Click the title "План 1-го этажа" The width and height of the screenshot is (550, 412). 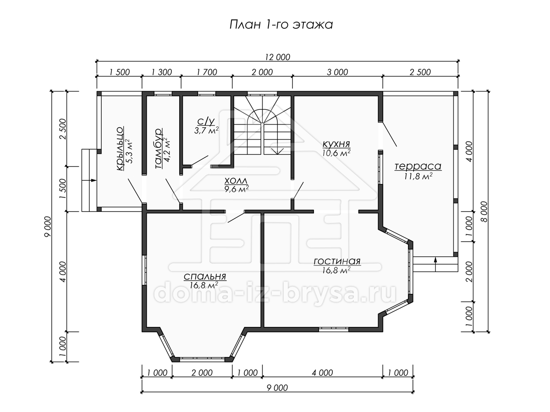click(x=281, y=25)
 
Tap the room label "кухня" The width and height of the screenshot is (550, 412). click(x=336, y=144)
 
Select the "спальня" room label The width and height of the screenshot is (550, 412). click(x=205, y=276)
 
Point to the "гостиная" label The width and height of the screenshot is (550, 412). click(x=337, y=261)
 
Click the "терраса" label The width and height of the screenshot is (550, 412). click(x=418, y=166)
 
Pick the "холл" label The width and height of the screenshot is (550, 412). click(x=236, y=181)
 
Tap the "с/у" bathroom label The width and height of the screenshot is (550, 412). click(x=206, y=122)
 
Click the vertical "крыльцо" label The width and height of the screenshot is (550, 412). click(x=120, y=149)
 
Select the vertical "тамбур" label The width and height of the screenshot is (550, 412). click(x=159, y=148)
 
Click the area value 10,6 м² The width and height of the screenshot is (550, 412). click(x=336, y=153)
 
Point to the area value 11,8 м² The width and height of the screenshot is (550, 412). click(x=418, y=176)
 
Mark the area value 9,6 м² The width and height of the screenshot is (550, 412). click(x=236, y=189)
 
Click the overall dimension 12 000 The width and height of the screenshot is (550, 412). click(x=278, y=57)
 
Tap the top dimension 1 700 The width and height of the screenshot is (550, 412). click(x=207, y=72)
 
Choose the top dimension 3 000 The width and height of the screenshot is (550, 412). click(x=337, y=72)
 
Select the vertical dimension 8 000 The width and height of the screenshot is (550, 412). click(x=484, y=211)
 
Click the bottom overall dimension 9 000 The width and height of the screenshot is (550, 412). click(x=277, y=388)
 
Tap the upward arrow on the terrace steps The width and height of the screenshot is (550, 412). click(x=435, y=264)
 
